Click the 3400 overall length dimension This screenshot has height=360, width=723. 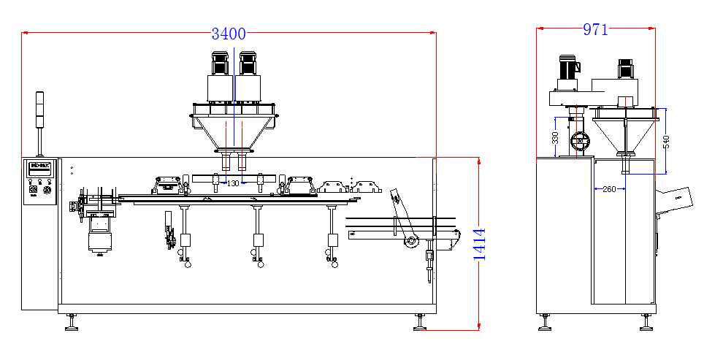point(228,34)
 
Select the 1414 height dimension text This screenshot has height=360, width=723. point(480,245)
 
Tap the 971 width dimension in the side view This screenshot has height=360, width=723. point(595,30)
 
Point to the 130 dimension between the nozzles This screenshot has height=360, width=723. point(233,183)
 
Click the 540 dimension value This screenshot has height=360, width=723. point(666,142)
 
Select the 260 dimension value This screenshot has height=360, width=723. point(608,190)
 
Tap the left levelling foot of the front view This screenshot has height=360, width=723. point(71,322)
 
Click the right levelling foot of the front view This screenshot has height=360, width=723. point(420,322)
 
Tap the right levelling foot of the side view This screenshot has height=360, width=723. point(645,322)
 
